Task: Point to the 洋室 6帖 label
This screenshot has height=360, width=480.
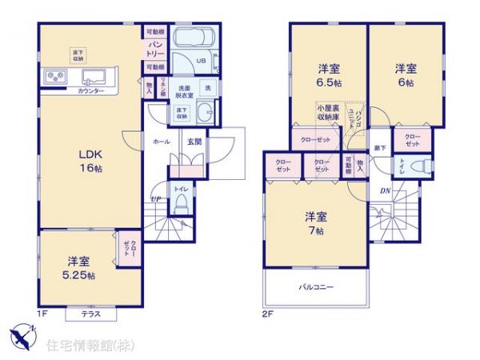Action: [404, 75]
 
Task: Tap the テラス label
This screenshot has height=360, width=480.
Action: [90, 314]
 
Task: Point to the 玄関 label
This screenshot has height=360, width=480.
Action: [194, 142]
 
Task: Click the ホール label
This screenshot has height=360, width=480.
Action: [160, 142]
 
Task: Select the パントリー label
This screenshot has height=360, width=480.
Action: [155, 46]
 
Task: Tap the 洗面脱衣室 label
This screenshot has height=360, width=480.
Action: [184, 92]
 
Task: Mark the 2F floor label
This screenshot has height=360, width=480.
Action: [268, 314]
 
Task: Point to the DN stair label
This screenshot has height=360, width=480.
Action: [384, 190]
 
